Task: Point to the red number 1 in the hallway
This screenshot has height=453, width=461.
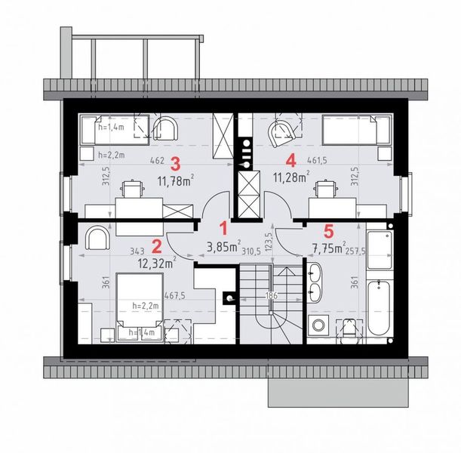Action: [223, 226]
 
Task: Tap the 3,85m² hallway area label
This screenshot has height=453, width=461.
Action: [223, 245]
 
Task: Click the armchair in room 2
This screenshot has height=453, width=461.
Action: [98, 239]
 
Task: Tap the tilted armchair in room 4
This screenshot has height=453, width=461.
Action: [283, 134]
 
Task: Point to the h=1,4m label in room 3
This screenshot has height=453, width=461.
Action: [112, 129]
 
